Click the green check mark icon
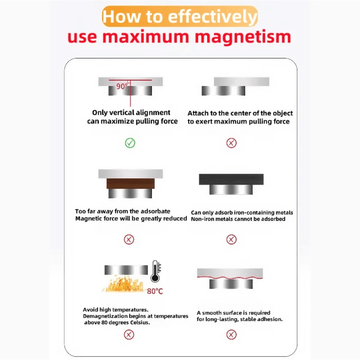[130, 143]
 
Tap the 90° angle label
[122, 86]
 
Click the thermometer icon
[156, 271]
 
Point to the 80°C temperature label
[155, 291]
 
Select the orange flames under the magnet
[123, 284]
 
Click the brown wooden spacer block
[130, 184]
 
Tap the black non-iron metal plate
[231, 179]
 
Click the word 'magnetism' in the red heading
[243, 37]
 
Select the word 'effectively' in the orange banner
[213, 17]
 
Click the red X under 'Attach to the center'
[231, 143]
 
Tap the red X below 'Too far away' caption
[129, 239]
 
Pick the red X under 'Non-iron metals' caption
[231, 239]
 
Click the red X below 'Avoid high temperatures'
[129, 334]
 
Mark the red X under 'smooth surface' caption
[231, 334]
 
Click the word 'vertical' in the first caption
[121, 112]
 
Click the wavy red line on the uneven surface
[230, 278]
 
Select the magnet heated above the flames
[126, 270]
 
